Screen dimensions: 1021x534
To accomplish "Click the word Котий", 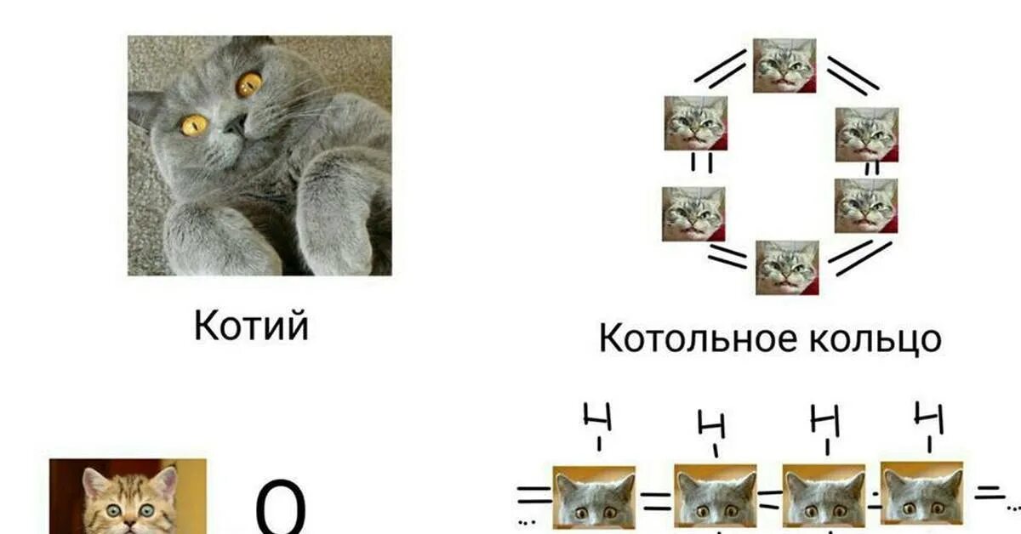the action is [251, 326].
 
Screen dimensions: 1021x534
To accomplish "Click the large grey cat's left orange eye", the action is [194, 126].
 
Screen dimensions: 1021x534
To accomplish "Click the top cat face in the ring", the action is [784, 65].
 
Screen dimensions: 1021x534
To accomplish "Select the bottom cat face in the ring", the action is [787, 267].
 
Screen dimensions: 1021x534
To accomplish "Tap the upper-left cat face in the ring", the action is [696, 124].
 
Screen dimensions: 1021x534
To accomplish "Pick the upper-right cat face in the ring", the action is [866, 134].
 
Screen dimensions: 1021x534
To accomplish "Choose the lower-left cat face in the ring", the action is [693, 213].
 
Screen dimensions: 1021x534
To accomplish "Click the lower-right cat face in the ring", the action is [865, 206].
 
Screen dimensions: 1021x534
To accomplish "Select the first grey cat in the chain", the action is [595, 500].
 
